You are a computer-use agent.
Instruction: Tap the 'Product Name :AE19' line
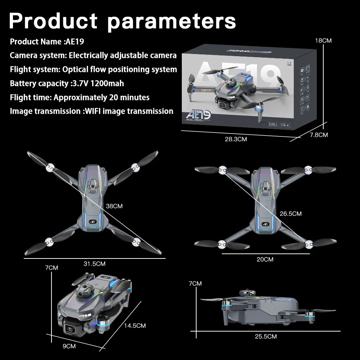coord(47,41)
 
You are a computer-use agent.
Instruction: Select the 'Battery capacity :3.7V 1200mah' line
coord(67,84)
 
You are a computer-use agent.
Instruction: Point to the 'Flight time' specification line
coord(80,97)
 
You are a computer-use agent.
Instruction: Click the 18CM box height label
coord(323,41)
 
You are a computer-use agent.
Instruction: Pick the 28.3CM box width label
coord(236,139)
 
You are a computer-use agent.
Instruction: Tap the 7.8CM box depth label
coord(319,135)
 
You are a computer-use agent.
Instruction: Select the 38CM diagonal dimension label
coord(114,206)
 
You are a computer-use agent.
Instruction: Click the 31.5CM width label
coord(94,264)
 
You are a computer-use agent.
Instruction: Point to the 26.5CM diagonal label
coord(291,214)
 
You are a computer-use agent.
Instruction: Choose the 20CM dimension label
coord(265,260)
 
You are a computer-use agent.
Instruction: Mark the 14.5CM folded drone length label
coord(135,326)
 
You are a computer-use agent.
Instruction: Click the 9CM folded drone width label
coord(69,346)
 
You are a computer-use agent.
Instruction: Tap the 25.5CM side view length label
coord(266,337)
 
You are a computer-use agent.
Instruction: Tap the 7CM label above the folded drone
coord(51,268)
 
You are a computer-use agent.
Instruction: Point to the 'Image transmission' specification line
coord(91,111)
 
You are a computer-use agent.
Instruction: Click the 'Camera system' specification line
coord(93,55)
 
